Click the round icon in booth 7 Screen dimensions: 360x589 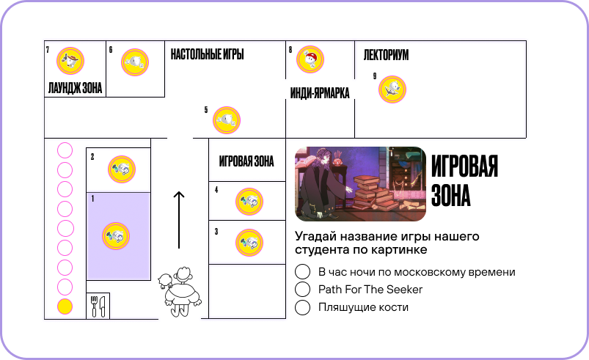pos(70,61)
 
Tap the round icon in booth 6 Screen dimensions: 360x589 pos(135,62)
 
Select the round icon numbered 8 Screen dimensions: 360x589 pos(310,59)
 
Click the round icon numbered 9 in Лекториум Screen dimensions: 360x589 pos(392,89)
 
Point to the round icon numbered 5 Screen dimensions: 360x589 pos(227,120)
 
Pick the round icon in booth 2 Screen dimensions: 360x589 pos(121,169)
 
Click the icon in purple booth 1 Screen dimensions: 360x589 pos(116,236)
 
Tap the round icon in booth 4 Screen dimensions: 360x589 pos(249,202)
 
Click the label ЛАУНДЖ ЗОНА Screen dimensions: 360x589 pos(75,89)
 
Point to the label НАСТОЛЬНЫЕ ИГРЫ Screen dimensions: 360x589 pos(207,55)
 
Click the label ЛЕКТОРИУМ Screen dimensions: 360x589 pos(386,56)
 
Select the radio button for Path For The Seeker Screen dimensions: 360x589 pos(303,290)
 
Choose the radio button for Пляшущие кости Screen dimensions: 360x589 pos(303,308)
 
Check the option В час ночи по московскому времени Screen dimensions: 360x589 pos(303,271)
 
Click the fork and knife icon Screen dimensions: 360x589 pos(98,306)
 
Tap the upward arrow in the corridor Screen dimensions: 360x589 pos(178,220)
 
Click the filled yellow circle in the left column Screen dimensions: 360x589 pos(65,307)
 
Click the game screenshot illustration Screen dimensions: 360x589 pos(360,184)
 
